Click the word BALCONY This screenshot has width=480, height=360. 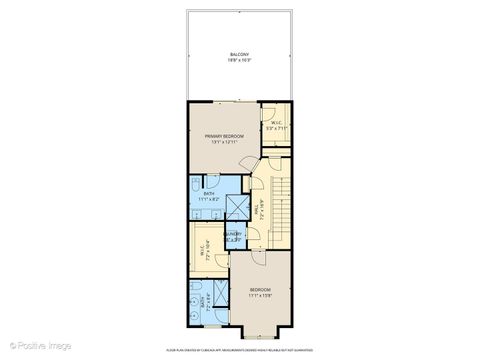(x=239, y=54)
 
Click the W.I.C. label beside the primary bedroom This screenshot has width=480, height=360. (x=275, y=123)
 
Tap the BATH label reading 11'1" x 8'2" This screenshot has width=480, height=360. (x=209, y=195)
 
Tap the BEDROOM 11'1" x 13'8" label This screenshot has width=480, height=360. (x=260, y=291)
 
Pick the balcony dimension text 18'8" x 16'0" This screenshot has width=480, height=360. (x=239, y=60)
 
